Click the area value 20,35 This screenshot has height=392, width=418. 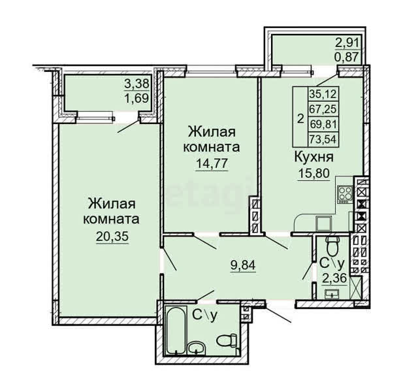112,237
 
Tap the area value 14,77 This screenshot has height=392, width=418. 212,163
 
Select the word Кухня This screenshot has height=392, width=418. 313,157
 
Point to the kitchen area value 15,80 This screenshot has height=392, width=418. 313,173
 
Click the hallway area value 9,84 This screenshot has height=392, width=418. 243,265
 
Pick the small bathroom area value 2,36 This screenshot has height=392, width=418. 334,279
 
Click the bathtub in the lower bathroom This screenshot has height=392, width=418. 176,331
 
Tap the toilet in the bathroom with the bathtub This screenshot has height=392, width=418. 227,340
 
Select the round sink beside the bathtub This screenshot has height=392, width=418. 196,348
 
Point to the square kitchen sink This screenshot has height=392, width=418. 324,223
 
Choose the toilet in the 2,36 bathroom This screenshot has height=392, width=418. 332,246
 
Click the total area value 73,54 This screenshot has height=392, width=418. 323,139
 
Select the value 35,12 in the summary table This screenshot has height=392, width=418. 323,94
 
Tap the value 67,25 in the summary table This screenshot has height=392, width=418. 323,109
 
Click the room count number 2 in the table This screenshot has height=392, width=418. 300,118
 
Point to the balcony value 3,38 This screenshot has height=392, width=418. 137,84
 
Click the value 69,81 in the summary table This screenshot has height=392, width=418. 323,124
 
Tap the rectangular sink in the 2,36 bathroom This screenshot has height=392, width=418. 332,294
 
